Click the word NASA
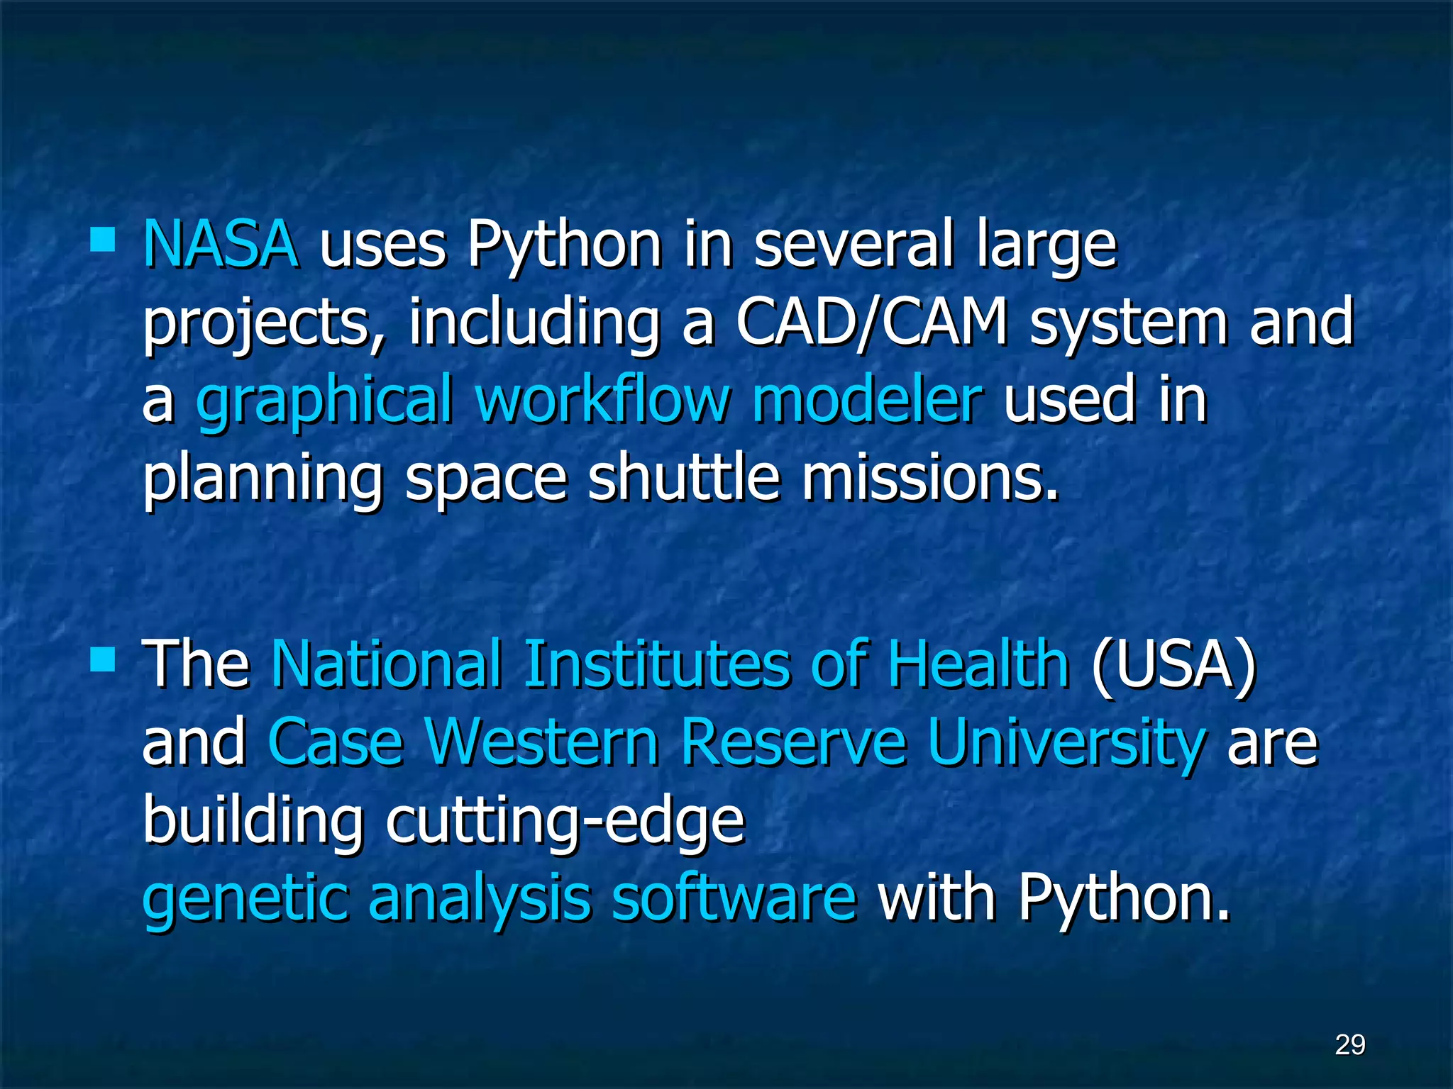tap(220, 244)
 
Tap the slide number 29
tap(1349, 1044)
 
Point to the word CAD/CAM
tap(871, 323)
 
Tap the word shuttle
tap(684, 479)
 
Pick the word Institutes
tap(656, 664)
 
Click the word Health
tap(978, 664)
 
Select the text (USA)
tap(1173, 664)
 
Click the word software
tap(734, 898)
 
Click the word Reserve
tap(793, 742)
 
